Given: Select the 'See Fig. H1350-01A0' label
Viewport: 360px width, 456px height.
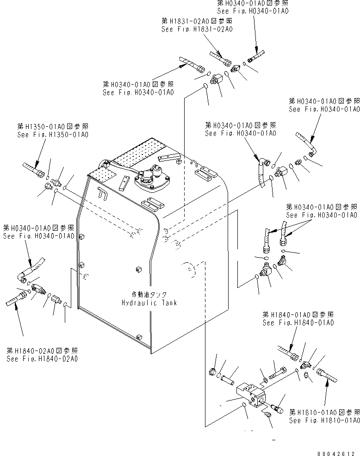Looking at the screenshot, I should click(52, 135).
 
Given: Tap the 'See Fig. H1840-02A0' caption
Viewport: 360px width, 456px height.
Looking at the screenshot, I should click(42, 358).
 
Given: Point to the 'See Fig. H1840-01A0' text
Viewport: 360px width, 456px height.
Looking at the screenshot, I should click(298, 323).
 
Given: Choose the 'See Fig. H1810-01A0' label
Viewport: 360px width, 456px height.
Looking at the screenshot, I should click(324, 420).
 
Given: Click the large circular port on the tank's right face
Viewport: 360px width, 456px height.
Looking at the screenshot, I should click(187, 271).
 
